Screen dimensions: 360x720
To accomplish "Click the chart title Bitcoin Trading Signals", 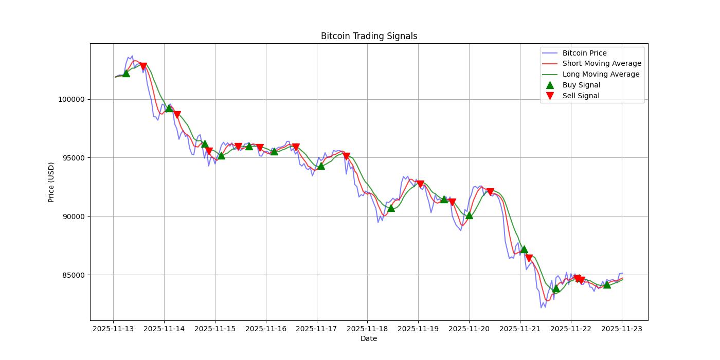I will [369, 36].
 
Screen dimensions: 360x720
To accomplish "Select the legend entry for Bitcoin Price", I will [584, 53].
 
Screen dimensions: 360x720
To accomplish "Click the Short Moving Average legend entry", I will [602, 64].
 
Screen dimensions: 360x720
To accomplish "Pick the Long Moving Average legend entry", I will [601, 75].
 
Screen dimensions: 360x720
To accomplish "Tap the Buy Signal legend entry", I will [581, 85].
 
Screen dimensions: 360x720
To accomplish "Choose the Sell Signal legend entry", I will [581, 96].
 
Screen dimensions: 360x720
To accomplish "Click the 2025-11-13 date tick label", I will [113, 328].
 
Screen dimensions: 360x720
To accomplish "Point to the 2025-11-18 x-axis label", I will [367, 328].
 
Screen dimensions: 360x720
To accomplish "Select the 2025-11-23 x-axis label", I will [622, 328].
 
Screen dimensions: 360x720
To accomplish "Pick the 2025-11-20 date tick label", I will [469, 328].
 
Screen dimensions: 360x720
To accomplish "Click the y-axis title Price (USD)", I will [51, 182].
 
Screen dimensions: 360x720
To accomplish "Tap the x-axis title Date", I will [368, 338].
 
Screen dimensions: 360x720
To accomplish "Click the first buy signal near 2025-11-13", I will [126, 73].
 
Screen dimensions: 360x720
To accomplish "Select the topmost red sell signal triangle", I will [143, 66].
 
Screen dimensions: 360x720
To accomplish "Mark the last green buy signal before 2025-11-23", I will [607, 284].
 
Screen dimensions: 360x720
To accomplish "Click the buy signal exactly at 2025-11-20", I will [469, 215].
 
